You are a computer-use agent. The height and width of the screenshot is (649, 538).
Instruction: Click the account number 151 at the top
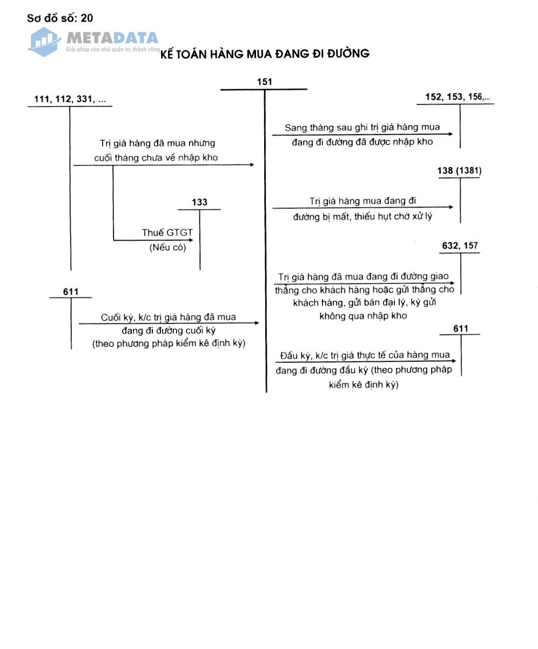click(265, 82)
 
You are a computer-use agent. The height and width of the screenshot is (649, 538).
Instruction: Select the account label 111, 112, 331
click(70, 99)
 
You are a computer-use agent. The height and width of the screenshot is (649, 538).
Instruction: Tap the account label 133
click(199, 202)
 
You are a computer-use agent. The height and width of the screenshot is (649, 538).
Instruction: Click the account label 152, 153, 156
click(458, 97)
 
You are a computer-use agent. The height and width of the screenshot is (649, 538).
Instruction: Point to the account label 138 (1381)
click(459, 171)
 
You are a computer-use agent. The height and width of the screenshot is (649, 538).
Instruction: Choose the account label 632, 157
click(460, 246)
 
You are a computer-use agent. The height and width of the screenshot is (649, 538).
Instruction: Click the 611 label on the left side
click(70, 292)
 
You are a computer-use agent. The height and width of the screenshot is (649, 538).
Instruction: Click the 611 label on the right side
click(461, 329)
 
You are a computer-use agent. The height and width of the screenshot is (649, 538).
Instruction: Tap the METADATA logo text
click(112, 38)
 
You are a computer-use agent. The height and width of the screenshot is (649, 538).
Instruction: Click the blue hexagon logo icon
click(44, 41)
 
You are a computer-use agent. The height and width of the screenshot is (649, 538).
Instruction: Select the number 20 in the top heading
click(86, 18)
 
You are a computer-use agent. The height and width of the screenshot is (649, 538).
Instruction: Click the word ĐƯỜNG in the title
click(349, 54)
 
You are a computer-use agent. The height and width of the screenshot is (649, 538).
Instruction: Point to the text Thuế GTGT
click(167, 233)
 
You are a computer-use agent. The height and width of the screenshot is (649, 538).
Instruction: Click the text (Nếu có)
click(167, 248)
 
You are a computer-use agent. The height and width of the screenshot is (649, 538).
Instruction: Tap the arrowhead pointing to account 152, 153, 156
click(450, 133)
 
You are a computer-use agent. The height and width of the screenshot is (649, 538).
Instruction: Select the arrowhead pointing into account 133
click(196, 240)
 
